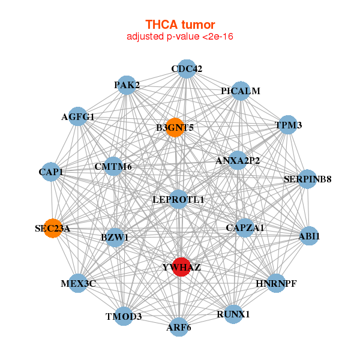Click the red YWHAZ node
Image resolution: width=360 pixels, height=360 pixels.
click(181, 266)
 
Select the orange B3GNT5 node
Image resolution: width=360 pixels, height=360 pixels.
click(175, 127)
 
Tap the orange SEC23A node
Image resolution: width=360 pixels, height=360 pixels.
click(53, 228)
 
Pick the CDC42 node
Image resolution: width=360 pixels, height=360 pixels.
click(187, 68)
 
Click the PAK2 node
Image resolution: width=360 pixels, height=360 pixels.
click(127, 85)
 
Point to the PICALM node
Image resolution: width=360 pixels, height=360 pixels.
click(240, 91)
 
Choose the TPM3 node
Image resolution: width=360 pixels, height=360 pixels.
click(289, 125)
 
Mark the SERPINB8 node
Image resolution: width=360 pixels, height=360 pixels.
click(307, 179)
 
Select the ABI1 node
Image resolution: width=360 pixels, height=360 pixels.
click(309, 236)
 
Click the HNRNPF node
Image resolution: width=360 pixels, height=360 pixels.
click(276, 283)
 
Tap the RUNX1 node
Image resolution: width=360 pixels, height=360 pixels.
click(233, 313)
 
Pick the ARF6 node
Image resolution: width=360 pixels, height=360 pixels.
click(179, 327)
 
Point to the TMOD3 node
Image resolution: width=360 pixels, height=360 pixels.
click(124, 316)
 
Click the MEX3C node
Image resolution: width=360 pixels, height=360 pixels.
click(78, 283)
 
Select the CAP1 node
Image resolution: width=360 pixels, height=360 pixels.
click(51, 172)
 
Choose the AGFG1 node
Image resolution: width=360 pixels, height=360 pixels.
click(78, 116)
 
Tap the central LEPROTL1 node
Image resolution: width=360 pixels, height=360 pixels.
click(178, 199)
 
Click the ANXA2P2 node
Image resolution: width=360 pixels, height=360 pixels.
click(238, 160)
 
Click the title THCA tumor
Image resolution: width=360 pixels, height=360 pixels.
click(179, 25)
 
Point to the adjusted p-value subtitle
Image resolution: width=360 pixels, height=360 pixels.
click(179, 37)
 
